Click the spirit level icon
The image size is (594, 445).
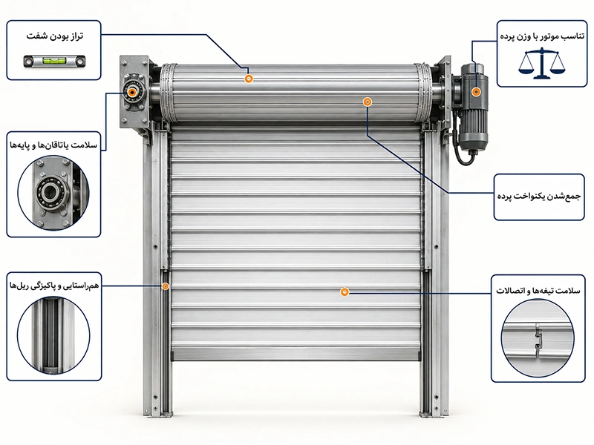(x=54, y=61)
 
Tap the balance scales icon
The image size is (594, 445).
(x=542, y=63)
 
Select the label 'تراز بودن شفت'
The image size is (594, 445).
(x=55, y=36)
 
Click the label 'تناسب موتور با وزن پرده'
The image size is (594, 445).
(x=542, y=36)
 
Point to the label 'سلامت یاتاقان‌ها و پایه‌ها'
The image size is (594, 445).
(x=53, y=145)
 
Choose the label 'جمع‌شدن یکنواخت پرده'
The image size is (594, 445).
(x=539, y=197)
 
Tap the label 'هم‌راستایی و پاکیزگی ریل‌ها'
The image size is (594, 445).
(x=54, y=286)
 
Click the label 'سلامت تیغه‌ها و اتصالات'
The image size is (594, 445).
(x=538, y=291)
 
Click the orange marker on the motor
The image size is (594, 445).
(x=476, y=92)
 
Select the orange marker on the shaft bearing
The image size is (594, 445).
(x=131, y=92)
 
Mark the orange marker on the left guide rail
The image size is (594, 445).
(x=165, y=286)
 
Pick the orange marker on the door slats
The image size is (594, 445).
(x=345, y=291)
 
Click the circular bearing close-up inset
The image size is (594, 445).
(x=53, y=194)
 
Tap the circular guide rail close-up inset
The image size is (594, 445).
(x=53, y=335)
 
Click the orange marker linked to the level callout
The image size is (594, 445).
(x=249, y=79)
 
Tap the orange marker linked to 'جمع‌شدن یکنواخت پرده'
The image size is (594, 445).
(x=367, y=102)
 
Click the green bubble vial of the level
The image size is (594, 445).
(x=53, y=61)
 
